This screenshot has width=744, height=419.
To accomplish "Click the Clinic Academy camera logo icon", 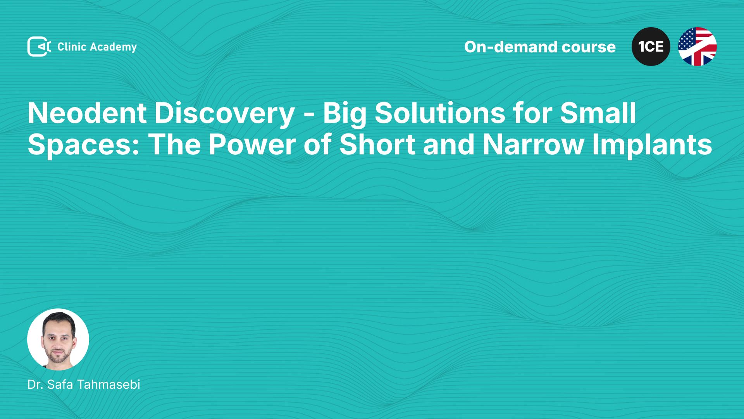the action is tap(39, 47).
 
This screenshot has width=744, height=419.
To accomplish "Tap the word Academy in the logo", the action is tap(113, 47).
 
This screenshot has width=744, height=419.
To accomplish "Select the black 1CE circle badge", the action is tap(651, 47).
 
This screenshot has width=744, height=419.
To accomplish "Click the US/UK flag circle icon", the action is tap(697, 47).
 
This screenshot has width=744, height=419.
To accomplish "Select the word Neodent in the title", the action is tap(87, 113).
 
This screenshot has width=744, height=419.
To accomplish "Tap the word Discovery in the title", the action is tap(225, 114).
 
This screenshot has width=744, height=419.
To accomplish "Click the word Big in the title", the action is tap(344, 114).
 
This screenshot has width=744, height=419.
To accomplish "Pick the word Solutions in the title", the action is tap(440, 113).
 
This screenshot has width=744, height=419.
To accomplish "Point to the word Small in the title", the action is tap(598, 113).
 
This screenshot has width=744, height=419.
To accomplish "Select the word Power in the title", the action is tap(252, 144).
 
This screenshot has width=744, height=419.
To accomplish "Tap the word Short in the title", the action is tap(377, 144).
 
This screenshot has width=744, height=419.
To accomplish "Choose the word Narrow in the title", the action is tap(533, 144).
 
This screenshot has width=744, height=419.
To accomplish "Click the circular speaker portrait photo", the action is tap(58, 339).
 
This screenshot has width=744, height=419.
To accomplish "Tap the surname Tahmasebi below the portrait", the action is tap(108, 384).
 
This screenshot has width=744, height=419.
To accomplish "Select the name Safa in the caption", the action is tap(60, 384).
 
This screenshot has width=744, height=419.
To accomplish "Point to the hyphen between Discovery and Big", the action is tap(309, 115).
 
